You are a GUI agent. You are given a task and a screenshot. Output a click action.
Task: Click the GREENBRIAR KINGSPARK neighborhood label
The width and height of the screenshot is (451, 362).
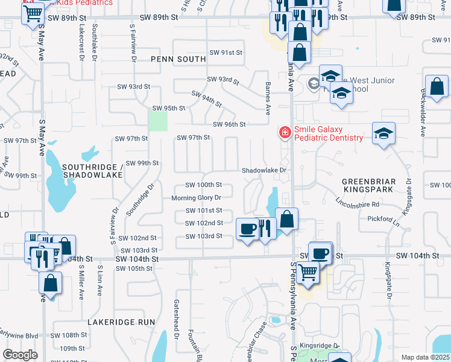pyautogui.click(x=368, y=185)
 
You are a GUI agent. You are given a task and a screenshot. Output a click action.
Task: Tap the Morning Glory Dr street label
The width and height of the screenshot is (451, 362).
pyautogui.click(x=197, y=198)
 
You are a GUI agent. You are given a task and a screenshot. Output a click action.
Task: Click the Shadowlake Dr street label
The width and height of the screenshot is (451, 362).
pyautogui.click(x=263, y=171)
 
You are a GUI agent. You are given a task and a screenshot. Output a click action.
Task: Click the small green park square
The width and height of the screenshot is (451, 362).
pyautogui.click(x=158, y=121)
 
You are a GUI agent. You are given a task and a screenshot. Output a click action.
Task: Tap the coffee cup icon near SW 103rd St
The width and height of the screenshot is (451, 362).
pyautogui.click(x=247, y=229)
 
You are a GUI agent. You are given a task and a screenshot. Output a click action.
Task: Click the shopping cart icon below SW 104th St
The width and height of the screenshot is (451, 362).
pyautogui.click(x=308, y=273)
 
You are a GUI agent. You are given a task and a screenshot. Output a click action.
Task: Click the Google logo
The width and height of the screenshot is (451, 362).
pyautogui.click(x=20, y=355)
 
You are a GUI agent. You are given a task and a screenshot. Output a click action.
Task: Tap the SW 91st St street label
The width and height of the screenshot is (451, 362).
pyautogui.click(x=225, y=53)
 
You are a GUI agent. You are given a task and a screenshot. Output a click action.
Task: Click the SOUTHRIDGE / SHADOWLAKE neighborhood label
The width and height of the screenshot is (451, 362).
pyautogui.click(x=92, y=171)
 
